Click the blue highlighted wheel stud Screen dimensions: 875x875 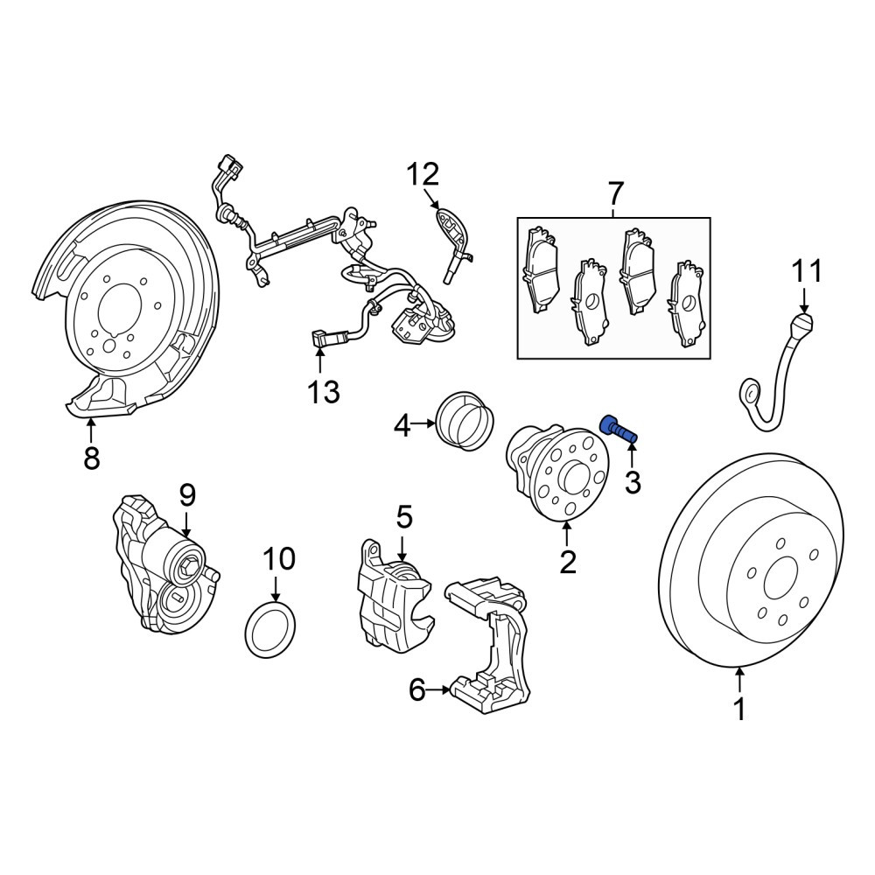(x=619, y=428)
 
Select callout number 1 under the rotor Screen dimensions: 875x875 (x=739, y=710)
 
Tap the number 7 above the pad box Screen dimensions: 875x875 (x=614, y=193)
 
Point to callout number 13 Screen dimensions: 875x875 (x=324, y=392)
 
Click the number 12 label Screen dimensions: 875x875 (x=423, y=174)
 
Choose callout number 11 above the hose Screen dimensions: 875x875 (x=807, y=271)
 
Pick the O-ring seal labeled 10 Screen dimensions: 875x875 (x=270, y=626)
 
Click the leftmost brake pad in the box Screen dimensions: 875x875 (x=539, y=269)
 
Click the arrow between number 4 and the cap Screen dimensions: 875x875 (x=423, y=424)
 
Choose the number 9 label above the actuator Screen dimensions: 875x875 (x=187, y=495)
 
